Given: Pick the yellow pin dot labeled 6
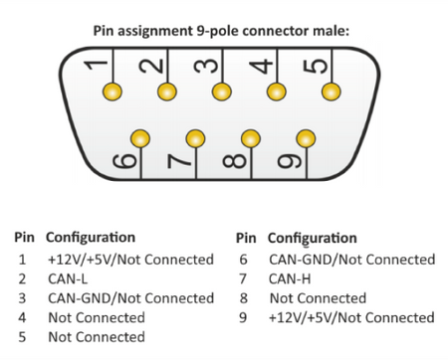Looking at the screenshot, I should point(141,136).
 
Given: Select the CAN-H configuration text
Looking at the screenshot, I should point(290,278).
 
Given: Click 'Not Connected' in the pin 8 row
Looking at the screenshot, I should point(318,298).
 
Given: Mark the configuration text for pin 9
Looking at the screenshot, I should point(351,318).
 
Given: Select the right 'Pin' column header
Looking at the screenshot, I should point(245,238).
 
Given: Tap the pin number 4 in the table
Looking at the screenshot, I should point(22,318).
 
